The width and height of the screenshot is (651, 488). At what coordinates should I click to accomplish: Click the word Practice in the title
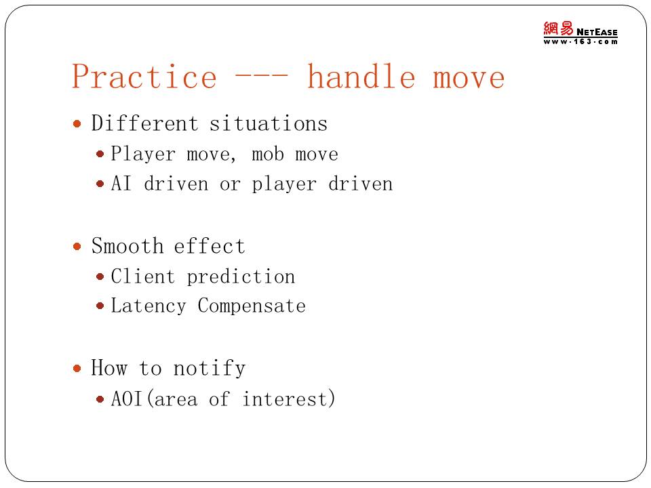pyautogui.click(x=144, y=77)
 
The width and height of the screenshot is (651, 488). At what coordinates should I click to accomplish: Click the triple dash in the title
pyautogui.click(x=261, y=76)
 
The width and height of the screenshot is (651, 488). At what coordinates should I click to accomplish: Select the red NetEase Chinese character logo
pyautogui.click(x=558, y=29)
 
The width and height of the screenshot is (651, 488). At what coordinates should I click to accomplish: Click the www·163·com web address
pyautogui.click(x=580, y=41)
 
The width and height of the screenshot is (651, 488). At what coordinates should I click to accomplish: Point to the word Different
pyautogui.click(x=144, y=123)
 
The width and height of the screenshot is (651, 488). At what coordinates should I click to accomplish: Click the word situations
pyautogui.click(x=269, y=123)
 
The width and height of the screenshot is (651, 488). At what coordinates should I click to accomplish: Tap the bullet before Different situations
pyautogui.click(x=77, y=123)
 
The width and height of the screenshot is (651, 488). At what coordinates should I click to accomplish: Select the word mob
pyautogui.click(x=268, y=154)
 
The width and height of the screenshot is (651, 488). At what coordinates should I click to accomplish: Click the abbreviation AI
pyautogui.click(x=121, y=183)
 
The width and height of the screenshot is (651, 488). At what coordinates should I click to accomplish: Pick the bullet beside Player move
pyautogui.click(x=100, y=154)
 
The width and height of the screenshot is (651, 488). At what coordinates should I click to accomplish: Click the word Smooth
pyautogui.click(x=127, y=245)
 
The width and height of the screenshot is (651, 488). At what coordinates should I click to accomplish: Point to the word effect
pyautogui.click(x=210, y=245)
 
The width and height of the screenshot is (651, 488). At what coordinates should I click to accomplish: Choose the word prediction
pyautogui.click(x=241, y=277)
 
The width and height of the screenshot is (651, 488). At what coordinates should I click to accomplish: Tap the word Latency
pyautogui.click(x=149, y=306)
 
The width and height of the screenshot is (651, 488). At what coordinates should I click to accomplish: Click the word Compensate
pyautogui.click(x=252, y=306)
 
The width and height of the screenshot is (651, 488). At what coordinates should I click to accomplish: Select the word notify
pyautogui.click(x=210, y=368)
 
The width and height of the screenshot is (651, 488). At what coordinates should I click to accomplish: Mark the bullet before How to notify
pyautogui.click(x=77, y=368)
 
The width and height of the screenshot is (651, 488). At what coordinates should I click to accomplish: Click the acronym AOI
pyautogui.click(x=127, y=399)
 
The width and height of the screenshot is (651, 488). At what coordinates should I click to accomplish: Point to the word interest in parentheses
pyautogui.click(x=284, y=399)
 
